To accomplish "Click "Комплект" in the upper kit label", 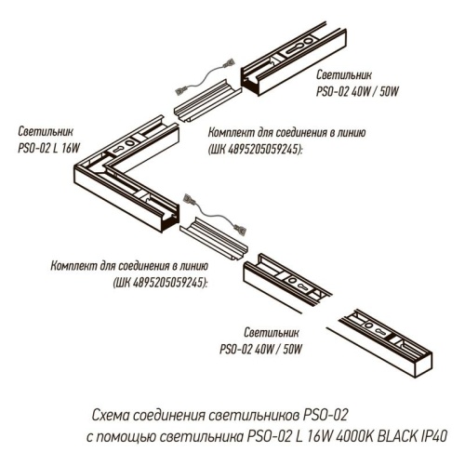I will [233, 134].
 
